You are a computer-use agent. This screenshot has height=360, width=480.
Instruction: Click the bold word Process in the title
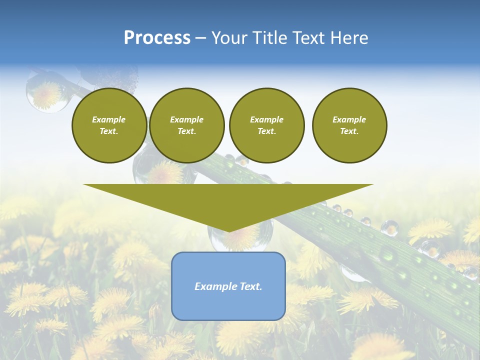157,38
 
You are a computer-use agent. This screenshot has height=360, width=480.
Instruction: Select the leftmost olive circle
109,125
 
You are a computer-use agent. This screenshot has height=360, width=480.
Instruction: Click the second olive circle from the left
186,125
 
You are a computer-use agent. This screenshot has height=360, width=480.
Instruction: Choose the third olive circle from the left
266,125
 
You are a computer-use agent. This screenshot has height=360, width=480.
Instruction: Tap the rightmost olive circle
349,125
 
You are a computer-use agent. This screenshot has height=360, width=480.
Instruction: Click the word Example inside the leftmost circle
109,119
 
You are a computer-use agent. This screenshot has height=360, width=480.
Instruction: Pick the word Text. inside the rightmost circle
349,131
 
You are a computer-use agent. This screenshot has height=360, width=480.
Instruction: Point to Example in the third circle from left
266,119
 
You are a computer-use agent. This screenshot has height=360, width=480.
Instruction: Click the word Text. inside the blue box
250,286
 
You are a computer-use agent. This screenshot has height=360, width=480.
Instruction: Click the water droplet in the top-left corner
47,92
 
